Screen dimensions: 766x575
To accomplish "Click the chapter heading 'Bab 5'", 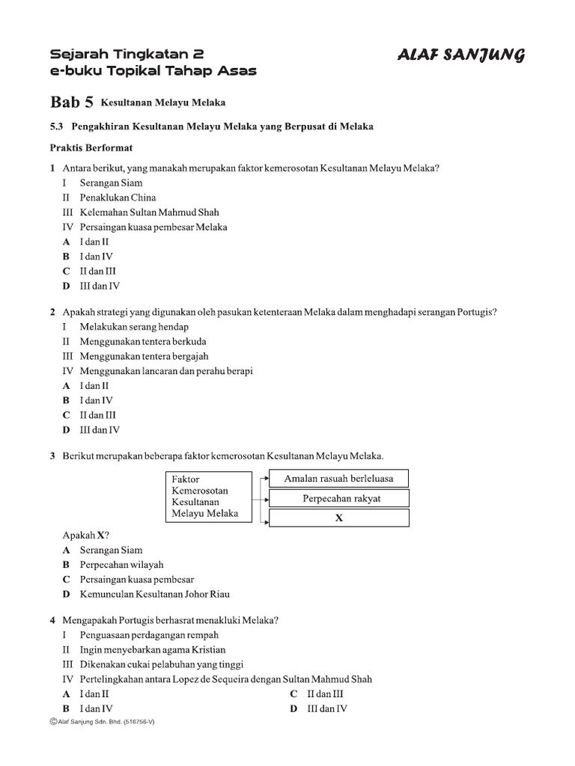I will (x=71, y=102).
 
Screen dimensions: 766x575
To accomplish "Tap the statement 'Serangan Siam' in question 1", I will (x=111, y=183).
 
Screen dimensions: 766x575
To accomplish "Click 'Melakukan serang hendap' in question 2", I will (x=134, y=327).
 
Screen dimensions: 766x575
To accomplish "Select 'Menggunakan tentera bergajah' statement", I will (x=144, y=356).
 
